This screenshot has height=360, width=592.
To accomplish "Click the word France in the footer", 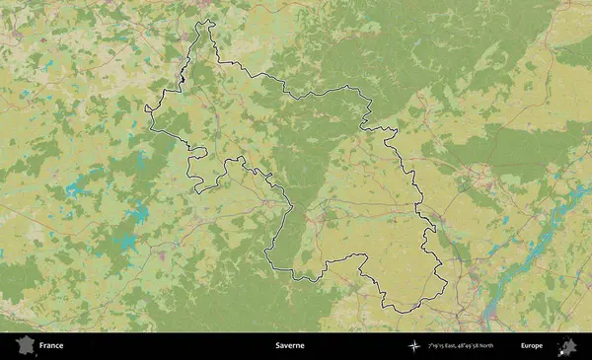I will [x=50, y=346].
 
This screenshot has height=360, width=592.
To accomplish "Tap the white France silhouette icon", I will [x=24, y=346].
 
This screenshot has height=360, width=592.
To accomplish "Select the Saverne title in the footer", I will [x=289, y=346].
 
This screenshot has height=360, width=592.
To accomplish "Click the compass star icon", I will [x=413, y=346].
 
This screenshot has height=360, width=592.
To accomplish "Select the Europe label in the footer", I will [x=532, y=346].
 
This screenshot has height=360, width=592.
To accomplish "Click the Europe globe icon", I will [x=567, y=346].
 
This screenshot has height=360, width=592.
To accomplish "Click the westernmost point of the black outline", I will [x=146, y=106].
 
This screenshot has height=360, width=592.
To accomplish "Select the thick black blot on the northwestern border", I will [x=184, y=74].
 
